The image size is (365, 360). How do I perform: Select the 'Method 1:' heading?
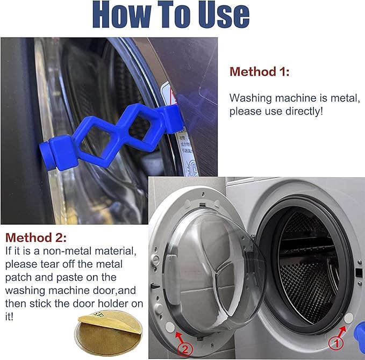259,72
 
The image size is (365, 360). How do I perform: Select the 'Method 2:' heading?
37,237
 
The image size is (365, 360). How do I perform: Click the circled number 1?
334,340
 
